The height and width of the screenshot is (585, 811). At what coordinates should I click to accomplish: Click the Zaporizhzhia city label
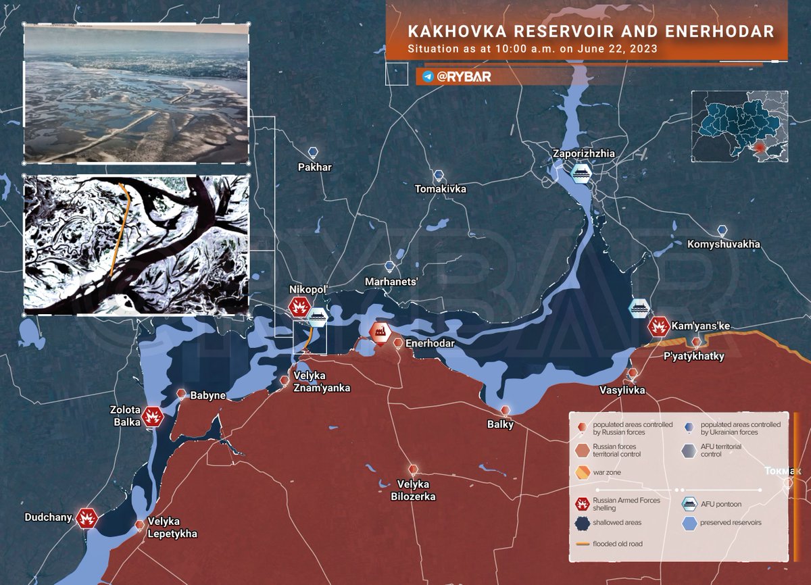pos(584,153)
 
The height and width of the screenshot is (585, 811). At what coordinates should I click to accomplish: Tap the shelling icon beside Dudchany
pos(87,518)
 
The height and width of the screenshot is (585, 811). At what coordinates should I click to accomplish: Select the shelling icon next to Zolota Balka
pos(154,416)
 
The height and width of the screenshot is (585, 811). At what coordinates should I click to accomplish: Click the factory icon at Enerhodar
pos(379,332)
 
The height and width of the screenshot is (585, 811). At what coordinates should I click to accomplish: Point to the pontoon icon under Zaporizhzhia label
pos(580,174)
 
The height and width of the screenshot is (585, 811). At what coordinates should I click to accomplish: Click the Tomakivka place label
pos(441,189)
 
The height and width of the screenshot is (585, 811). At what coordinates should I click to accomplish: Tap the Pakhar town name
pos(314,167)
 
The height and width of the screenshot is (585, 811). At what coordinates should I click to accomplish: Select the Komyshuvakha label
pos(723,244)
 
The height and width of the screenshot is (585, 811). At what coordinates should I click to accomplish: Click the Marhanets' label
pos(391,281)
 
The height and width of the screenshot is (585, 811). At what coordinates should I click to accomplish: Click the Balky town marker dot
pos(505,411)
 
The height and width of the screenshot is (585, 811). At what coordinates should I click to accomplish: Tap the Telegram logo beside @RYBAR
pos(427,77)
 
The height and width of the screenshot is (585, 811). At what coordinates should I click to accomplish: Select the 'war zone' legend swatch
pos(582,473)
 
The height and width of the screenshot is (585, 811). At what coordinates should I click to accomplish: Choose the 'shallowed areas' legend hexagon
pos(582,522)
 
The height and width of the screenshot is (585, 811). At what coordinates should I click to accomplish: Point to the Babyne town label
pos(208,395)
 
